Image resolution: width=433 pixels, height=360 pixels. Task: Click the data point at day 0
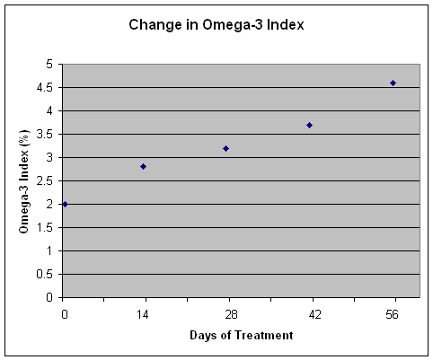pos(65,205)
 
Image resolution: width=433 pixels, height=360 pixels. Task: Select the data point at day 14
pos(143,166)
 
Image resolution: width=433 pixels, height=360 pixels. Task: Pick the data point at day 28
pos(226,148)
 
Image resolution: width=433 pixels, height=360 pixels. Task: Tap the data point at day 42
pos(310,125)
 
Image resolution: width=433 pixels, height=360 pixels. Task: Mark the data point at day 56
pos(393,83)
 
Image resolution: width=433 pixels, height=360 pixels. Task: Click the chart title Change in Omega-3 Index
pos(216,24)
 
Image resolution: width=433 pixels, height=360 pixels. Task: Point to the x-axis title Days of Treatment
pos(242,335)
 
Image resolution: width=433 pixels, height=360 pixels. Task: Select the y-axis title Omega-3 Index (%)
pos(24,181)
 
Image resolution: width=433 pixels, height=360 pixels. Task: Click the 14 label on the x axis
pos(143,314)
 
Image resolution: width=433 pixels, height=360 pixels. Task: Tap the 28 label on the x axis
pos(231,314)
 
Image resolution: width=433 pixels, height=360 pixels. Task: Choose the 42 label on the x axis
pos(314,314)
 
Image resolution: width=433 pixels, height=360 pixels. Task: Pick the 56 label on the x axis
pos(392,314)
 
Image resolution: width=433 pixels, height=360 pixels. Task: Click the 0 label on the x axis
pos(65,314)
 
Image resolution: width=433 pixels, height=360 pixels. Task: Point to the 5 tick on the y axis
pos(49,65)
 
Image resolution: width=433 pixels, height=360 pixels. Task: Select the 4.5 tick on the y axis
pos(44,88)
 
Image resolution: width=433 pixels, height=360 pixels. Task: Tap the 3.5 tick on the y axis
pos(44,135)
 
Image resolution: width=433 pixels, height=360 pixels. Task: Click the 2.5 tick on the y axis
pos(44,181)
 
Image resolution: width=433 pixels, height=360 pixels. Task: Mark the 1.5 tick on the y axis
pos(44,228)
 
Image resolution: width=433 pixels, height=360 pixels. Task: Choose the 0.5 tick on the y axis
pos(44,275)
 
